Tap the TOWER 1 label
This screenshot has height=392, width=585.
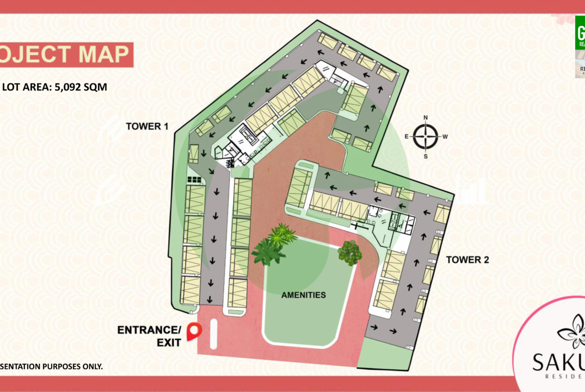click(x=146, y=126)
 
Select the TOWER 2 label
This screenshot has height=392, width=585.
click(x=467, y=260)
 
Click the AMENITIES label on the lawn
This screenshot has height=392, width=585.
click(x=303, y=295)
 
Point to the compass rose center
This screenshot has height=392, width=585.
click(x=425, y=136)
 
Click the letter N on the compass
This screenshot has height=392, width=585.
click(x=425, y=118)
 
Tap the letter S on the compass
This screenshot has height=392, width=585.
click(x=425, y=156)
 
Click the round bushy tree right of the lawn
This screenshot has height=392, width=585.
click(x=349, y=253)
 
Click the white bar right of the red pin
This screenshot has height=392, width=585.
click(x=213, y=335)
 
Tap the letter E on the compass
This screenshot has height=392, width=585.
click(x=407, y=136)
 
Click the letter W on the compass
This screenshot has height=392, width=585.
click(x=444, y=136)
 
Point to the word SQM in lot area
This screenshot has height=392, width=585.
click(x=95, y=86)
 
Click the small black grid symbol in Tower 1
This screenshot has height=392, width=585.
click(x=194, y=179)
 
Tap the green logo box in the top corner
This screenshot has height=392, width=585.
click(x=579, y=32)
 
